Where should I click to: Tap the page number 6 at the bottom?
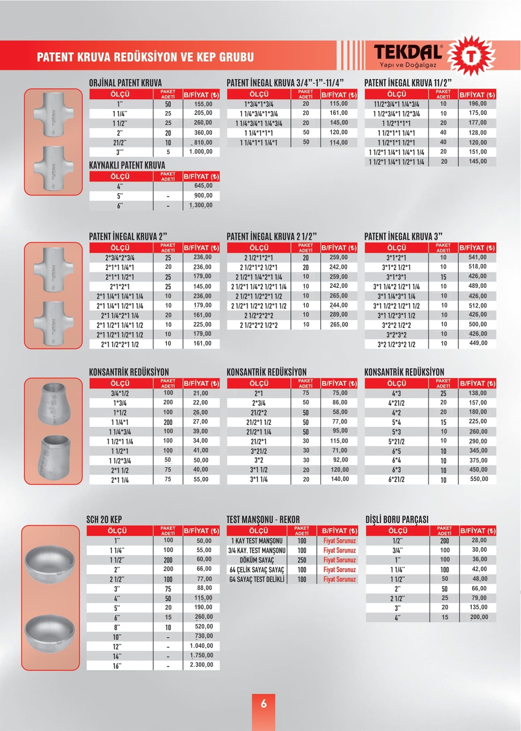click(264, 703)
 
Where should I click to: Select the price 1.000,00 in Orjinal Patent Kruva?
click(201, 152)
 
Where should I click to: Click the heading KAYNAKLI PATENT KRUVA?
click(127, 165)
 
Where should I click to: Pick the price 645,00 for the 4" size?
click(203, 186)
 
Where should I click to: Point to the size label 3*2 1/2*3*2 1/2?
click(396, 344)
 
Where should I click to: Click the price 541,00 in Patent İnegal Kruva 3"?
click(477, 257)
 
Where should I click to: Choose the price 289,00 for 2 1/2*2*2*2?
click(339, 315)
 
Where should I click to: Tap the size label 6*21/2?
click(396, 479)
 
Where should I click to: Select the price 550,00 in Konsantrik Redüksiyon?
click(479, 479)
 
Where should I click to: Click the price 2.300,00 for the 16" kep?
click(201, 665)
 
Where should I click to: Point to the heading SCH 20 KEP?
click(104, 520)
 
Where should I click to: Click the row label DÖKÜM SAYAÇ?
click(257, 560)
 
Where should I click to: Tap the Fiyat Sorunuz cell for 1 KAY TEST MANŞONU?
click(339, 541)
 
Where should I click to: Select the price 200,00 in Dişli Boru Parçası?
click(479, 617)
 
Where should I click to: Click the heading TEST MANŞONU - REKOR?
click(263, 520)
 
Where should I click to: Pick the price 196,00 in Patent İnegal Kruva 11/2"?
click(478, 104)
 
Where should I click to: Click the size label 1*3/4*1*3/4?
click(259, 104)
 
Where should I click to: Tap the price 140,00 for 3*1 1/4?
click(339, 479)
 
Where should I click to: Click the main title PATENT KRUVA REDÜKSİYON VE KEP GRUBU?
click(145, 57)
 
